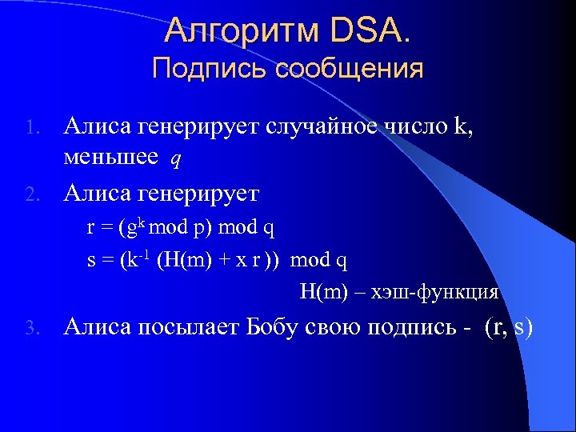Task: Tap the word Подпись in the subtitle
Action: coord(209,68)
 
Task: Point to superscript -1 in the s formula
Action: coord(147,254)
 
